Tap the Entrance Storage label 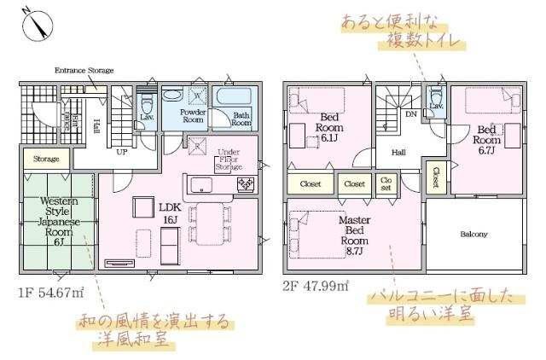coord(84,71)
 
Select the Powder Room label coord(193,115)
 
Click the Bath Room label coord(241,119)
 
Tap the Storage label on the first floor coord(46,160)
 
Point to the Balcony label coord(473,234)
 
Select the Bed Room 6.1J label coord(328,128)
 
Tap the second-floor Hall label coord(398,153)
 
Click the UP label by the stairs coord(121,151)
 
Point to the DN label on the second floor coord(410,113)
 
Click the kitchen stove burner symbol coord(244,184)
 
